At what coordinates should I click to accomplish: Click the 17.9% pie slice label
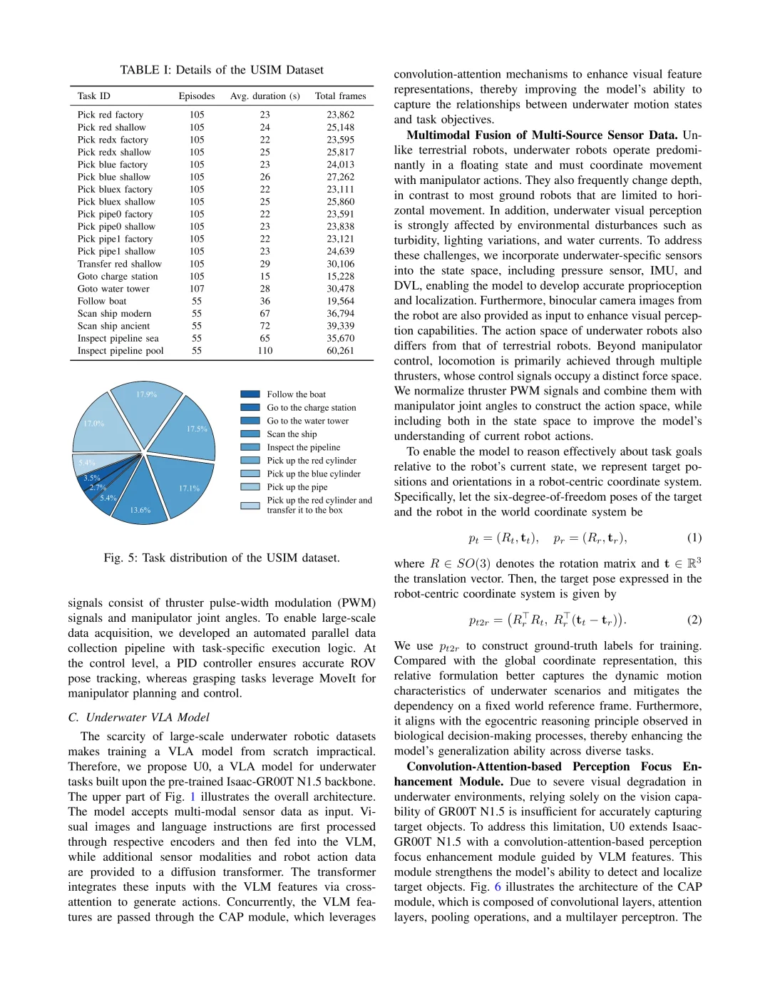[x=146, y=394]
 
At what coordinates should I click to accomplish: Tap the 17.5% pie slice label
[x=197, y=429]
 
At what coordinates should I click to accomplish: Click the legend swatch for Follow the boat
[x=250, y=394]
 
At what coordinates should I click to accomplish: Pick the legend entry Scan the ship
[x=292, y=434]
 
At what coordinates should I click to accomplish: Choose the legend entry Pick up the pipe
[x=297, y=487]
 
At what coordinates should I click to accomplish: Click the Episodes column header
[x=197, y=96]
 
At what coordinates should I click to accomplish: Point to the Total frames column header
[x=340, y=96]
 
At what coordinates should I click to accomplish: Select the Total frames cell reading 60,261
[x=340, y=351]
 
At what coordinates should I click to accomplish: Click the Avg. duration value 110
[x=265, y=351]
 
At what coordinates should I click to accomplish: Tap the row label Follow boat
[x=102, y=301]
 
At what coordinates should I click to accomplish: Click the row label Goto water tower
[x=113, y=289]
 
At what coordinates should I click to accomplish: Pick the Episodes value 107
[x=197, y=289]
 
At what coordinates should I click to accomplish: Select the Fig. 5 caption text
[x=221, y=558]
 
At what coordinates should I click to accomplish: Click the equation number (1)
[x=694, y=538]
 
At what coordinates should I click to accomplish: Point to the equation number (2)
[x=694, y=620]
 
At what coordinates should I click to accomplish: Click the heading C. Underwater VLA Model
[x=139, y=717]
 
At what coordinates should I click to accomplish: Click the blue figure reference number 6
[x=498, y=887]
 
